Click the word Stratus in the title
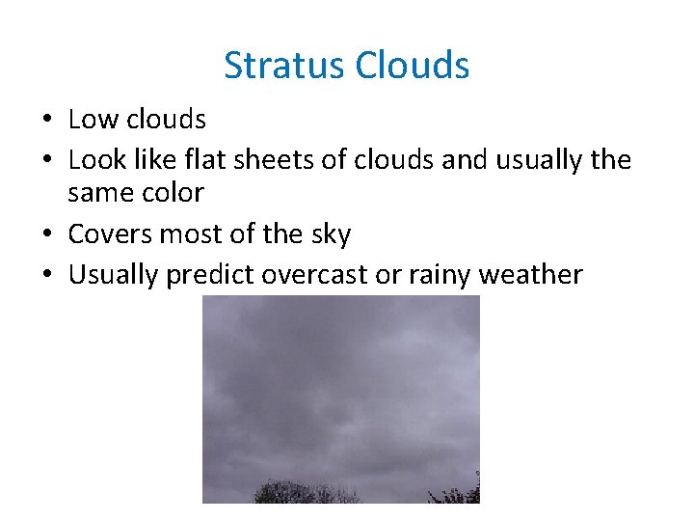point(284,66)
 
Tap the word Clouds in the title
point(412,66)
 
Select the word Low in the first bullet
point(90,120)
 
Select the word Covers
point(108,234)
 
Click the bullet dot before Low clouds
point(45,121)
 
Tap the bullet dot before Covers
point(45,235)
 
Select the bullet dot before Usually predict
point(45,276)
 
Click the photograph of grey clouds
point(340,398)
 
